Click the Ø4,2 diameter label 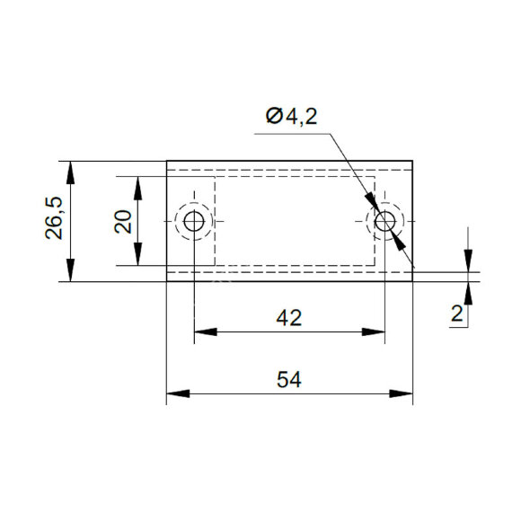291,117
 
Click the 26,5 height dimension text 54,218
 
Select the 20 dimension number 123,222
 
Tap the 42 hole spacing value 289,318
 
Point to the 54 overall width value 289,380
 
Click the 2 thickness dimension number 457,313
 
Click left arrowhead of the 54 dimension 178,393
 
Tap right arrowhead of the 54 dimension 401,393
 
